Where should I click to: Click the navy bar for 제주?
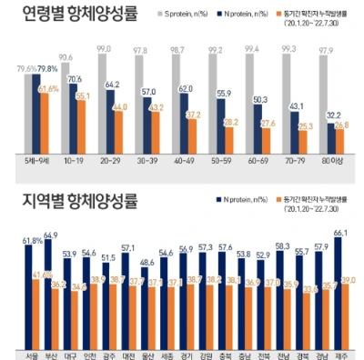tap(340, 295)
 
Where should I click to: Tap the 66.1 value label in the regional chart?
tap(340, 234)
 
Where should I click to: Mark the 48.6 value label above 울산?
tap(147, 262)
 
